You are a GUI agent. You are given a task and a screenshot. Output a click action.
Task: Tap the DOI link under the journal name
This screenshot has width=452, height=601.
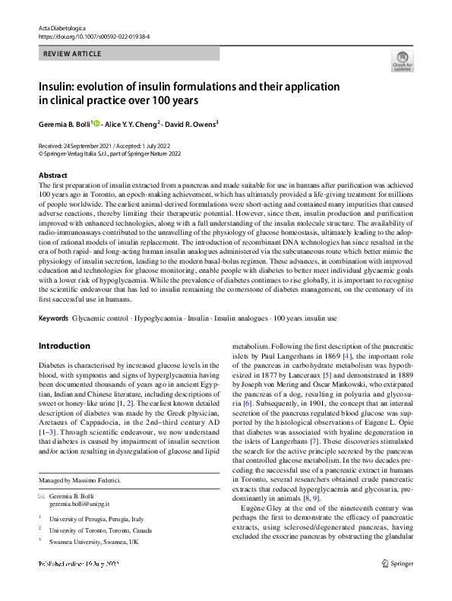point(93,36)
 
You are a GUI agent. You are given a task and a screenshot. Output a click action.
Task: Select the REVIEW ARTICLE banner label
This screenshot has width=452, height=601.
point(71,55)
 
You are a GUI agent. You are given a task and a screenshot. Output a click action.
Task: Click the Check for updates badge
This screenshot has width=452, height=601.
point(403,61)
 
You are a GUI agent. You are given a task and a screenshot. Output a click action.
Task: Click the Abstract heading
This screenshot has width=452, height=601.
point(53,176)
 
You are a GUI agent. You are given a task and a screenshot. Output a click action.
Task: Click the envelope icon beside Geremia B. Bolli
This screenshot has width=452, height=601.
point(42,495)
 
